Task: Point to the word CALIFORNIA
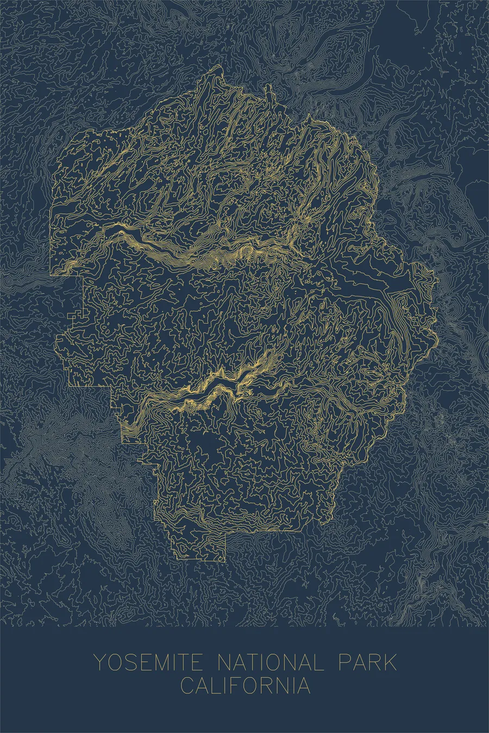pyautogui.click(x=246, y=685)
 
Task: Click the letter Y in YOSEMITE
pyautogui.click(x=99, y=663)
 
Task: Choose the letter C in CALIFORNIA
pyautogui.click(x=187, y=685)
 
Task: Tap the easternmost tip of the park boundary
pyautogui.click(x=438, y=280)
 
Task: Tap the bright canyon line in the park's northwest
pyautogui.click(x=141, y=239)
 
